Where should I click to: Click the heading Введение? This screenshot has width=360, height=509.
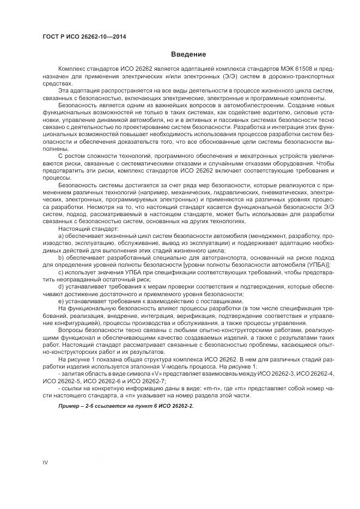tap(188, 54)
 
